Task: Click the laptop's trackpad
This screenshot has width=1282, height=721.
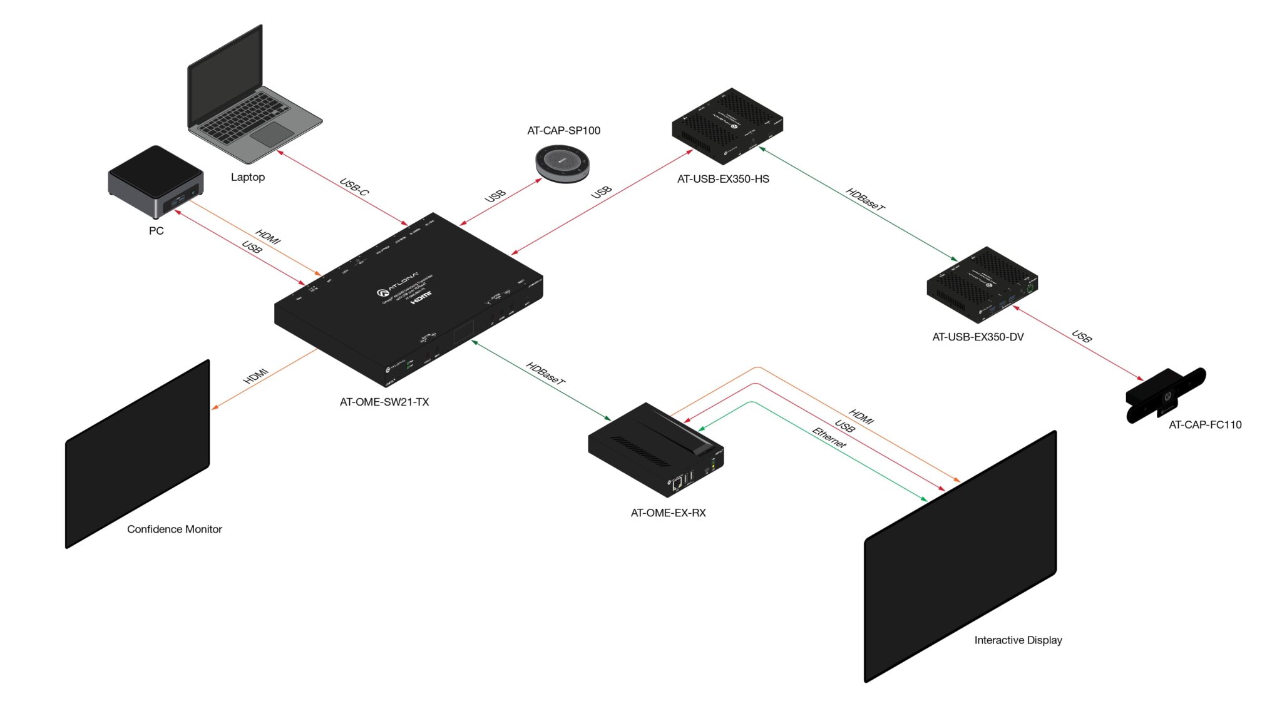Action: (x=272, y=134)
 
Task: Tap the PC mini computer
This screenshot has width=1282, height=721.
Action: (x=155, y=181)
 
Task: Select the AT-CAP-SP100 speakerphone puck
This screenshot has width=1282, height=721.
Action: (x=562, y=163)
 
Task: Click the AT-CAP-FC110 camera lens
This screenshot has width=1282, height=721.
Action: (x=1167, y=396)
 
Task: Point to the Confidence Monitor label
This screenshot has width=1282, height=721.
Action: (x=175, y=529)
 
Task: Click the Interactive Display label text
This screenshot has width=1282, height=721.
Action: (x=1018, y=640)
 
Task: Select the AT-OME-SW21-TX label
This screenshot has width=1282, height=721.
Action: (x=384, y=402)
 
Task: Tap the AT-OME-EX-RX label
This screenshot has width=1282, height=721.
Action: (x=668, y=513)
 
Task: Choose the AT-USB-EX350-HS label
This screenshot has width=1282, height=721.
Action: (x=723, y=179)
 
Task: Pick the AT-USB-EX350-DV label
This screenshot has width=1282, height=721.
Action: (x=978, y=337)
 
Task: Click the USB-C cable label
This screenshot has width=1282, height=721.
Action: (x=354, y=187)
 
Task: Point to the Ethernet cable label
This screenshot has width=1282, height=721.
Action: (x=829, y=437)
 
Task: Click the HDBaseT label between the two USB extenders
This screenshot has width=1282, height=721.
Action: (x=865, y=199)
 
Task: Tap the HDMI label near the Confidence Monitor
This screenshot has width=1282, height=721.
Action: (x=256, y=376)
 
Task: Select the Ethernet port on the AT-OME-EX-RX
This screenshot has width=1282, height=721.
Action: (x=677, y=483)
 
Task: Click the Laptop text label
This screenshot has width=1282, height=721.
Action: (x=248, y=177)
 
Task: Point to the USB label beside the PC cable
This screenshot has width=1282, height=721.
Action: (x=252, y=248)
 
